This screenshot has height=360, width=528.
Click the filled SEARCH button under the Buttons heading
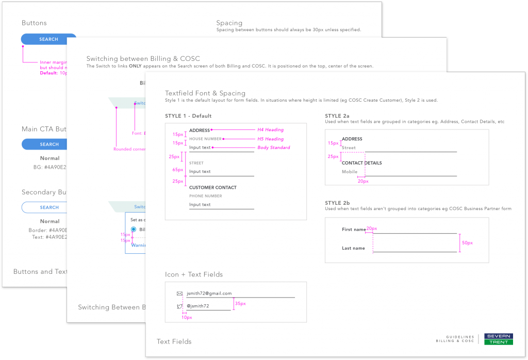[48, 39]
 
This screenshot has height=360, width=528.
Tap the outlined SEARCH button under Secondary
[49, 207]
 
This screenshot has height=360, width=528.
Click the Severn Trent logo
[498, 339]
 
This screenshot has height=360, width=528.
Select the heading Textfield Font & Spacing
[205, 93]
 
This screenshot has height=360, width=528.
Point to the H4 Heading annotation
[270, 130]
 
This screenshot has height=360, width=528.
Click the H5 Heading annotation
[270, 139]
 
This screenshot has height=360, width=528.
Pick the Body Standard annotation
[273, 148]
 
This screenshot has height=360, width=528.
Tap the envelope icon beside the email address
[179, 293]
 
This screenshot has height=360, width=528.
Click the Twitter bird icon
[179, 306]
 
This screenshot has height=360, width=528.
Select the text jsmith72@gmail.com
[209, 293]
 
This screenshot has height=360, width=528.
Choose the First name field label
[353, 230]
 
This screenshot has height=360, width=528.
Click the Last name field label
[353, 249]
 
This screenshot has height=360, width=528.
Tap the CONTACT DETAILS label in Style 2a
[361, 163]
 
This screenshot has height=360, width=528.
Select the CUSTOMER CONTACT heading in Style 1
[212, 188]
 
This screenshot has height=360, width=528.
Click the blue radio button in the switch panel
[134, 230]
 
